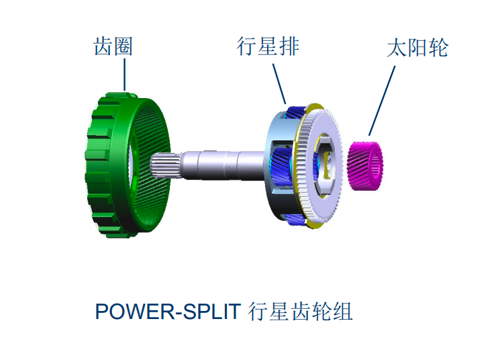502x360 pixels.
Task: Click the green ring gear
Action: pos(128,165)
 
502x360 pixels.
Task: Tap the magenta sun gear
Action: pos(365,166)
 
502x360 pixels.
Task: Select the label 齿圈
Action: pos(113,46)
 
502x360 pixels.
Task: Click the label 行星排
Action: pos(268,46)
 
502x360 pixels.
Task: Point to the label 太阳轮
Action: pos(417,48)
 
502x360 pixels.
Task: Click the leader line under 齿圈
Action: pos(125,75)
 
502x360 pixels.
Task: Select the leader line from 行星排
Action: pos(279,83)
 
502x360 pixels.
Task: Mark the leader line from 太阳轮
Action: pos(382,101)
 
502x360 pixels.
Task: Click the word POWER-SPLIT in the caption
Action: pos(168,311)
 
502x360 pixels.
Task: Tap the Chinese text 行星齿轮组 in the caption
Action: pos(300,311)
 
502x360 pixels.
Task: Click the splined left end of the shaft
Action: pos(165,165)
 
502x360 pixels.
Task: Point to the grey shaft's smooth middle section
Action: pos(221,165)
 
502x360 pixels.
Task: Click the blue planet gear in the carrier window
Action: pos(281,167)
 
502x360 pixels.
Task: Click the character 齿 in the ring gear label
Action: pos(103,46)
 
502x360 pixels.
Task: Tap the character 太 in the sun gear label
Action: pos(397,48)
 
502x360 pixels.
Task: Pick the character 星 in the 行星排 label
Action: pos(268,46)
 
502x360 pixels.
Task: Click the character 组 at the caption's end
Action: pos(342,311)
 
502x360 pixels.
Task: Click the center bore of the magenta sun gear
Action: pos(376,166)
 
